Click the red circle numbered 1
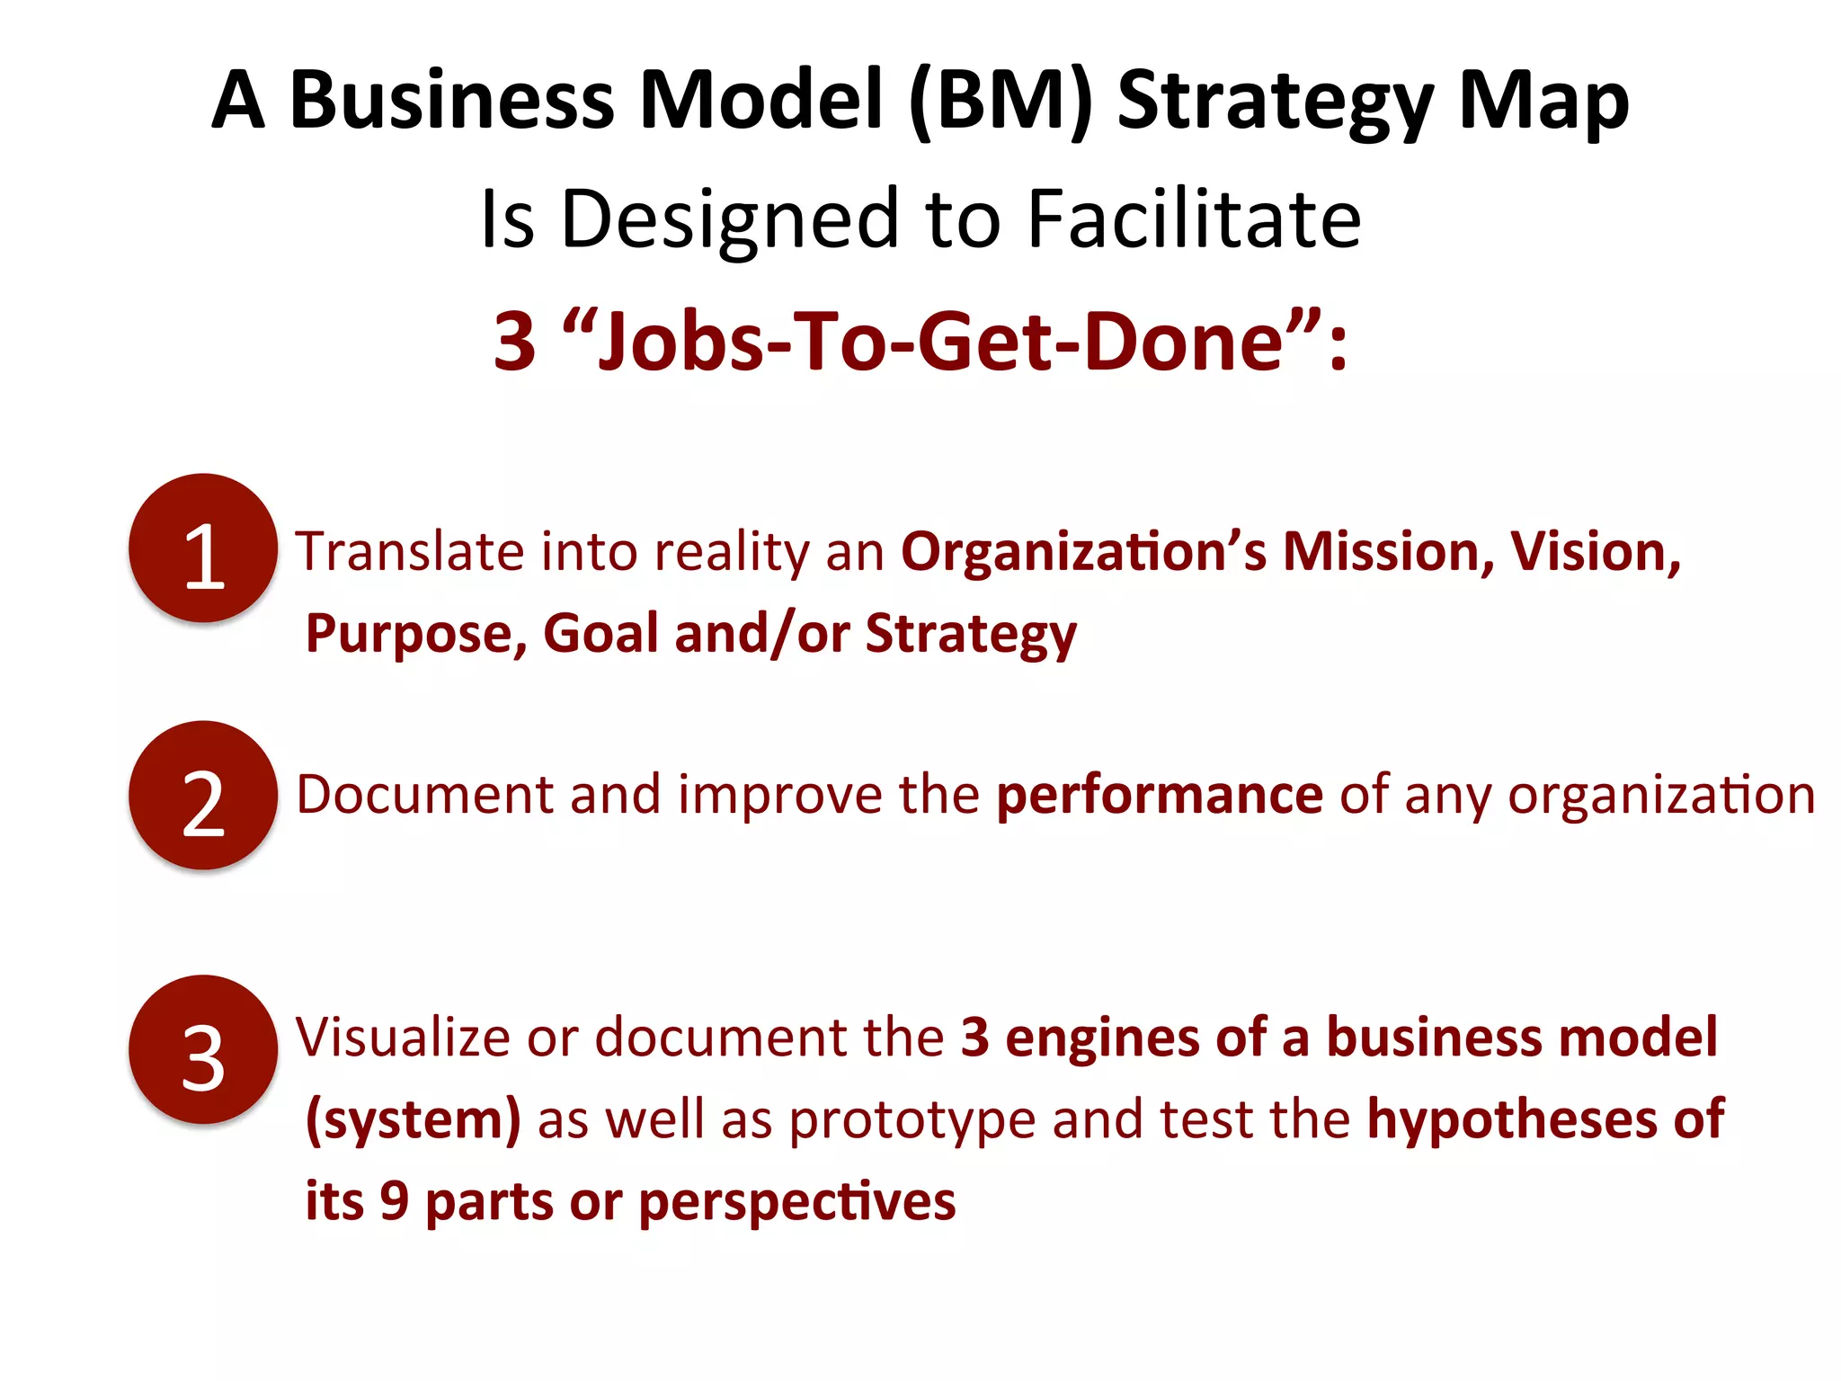203,548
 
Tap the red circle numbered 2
203,796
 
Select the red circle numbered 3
203,1050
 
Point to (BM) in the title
1001,101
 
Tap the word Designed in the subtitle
730,220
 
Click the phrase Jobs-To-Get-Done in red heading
940,342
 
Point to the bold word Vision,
1596,551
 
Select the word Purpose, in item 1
416,634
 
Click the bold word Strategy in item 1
971,635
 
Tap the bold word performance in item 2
1160,795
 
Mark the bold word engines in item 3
1102,1038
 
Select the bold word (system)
414,1120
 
